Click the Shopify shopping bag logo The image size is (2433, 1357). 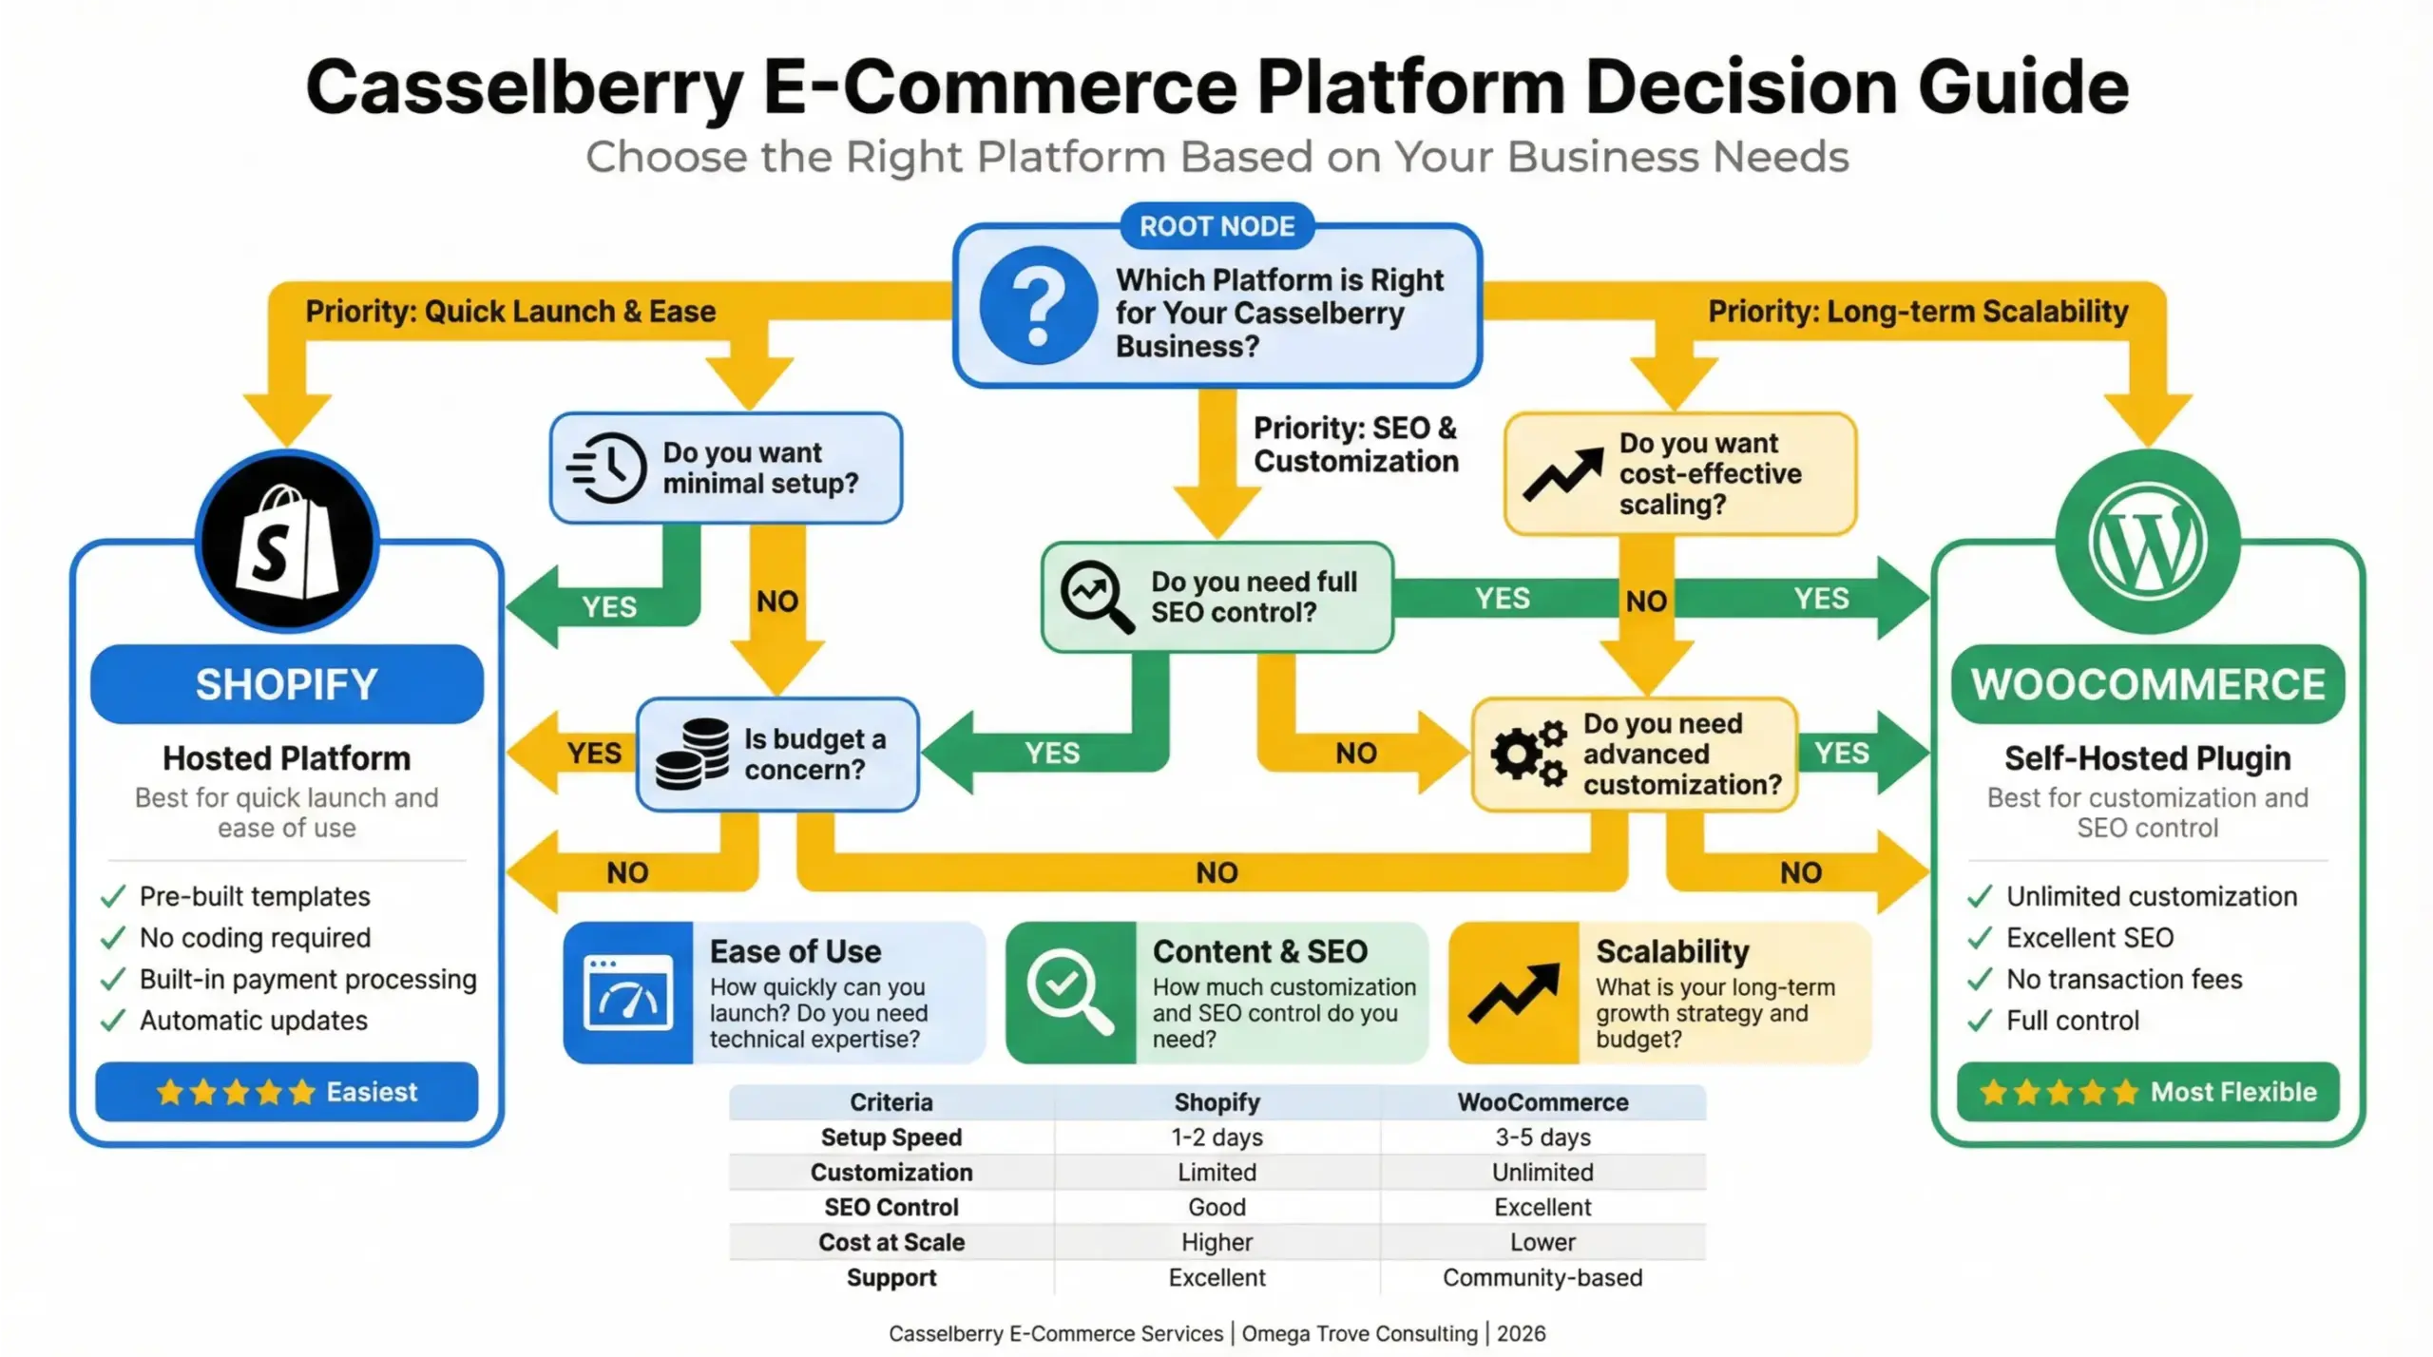287,543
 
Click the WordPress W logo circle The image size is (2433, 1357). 2147,543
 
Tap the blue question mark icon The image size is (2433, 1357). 1038,306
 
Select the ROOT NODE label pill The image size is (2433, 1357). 1216,226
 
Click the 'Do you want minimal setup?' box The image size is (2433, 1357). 726,468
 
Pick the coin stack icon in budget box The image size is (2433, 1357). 692,754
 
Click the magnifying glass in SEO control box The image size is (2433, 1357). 1097,596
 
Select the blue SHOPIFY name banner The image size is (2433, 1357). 287,684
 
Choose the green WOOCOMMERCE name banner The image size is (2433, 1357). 2147,684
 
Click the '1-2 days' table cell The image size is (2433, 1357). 1216,1137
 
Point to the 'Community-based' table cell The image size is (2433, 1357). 1542,1277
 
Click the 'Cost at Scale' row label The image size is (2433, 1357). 891,1242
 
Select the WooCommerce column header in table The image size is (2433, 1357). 1542,1102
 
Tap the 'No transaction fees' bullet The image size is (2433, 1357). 2123,979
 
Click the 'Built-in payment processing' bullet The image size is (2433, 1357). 307,979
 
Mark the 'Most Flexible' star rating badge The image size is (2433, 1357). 2147,1092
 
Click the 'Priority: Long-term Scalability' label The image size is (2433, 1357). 1917,312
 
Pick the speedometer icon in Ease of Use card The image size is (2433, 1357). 627,993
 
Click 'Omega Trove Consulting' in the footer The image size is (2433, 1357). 1359,1333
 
